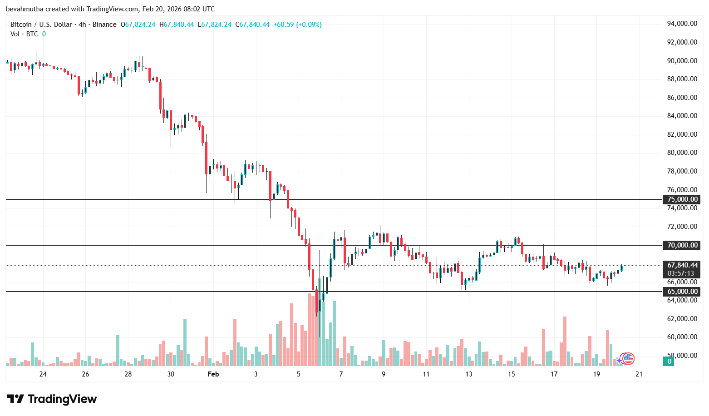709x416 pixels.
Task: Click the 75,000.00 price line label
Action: (x=682, y=199)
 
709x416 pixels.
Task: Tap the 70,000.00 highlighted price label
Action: (x=682, y=245)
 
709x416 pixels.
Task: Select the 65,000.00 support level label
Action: (x=682, y=292)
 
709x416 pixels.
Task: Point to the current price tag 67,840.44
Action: (x=682, y=265)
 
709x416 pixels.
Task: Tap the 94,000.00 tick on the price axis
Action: (x=682, y=24)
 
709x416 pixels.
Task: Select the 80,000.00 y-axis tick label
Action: (x=682, y=153)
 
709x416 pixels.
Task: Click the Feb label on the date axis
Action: (x=213, y=374)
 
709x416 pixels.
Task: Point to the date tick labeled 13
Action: (x=468, y=374)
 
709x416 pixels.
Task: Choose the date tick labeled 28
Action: (x=128, y=374)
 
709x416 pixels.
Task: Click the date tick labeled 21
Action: (x=639, y=374)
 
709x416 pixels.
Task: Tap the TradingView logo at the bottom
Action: (x=52, y=399)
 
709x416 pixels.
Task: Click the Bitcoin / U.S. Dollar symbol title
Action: (x=41, y=25)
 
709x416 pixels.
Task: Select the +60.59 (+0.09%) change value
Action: (x=297, y=25)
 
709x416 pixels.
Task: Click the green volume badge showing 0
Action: (x=669, y=362)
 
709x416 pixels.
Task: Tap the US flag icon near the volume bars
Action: (x=628, y=358)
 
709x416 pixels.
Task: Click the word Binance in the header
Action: (x=104, y=25)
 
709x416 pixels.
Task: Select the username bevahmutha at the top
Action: (x=25, y=9)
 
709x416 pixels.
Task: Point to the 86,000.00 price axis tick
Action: (x=682, y=97)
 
